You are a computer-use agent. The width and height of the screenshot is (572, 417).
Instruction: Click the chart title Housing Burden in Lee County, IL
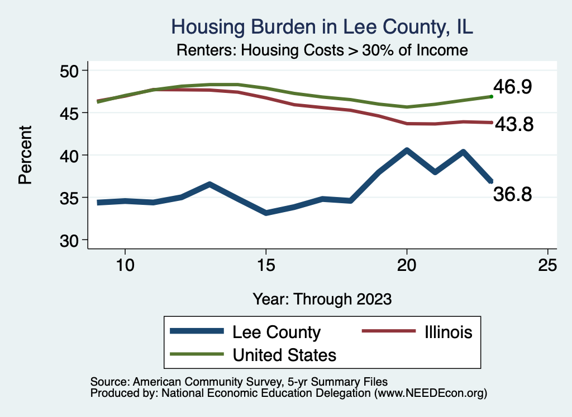coord(323,27)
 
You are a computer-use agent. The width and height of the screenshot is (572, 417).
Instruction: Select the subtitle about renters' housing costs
coord(322,50)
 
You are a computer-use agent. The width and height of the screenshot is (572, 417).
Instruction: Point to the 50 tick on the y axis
coord(71,71)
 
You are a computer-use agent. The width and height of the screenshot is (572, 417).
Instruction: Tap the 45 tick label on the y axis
coord(71,113)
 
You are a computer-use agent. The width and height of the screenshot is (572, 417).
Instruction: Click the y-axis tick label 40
coord(71,155)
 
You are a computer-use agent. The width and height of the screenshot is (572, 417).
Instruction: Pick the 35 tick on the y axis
coord(71,198)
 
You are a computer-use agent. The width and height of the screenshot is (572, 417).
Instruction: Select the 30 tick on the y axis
coord(71,240)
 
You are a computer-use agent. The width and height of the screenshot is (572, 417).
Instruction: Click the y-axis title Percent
coord(25,155)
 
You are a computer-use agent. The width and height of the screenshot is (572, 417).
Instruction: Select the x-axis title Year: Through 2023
coord(322,298)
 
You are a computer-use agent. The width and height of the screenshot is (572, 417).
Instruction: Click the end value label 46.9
coord(512,87)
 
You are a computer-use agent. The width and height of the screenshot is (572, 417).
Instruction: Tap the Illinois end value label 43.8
coord(514,125)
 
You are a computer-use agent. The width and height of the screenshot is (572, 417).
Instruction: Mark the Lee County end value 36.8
coord(512,194)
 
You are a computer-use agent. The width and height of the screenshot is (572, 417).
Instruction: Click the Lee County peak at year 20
coord(407,150)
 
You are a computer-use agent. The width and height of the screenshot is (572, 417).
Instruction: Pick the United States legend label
coord(284,354)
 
